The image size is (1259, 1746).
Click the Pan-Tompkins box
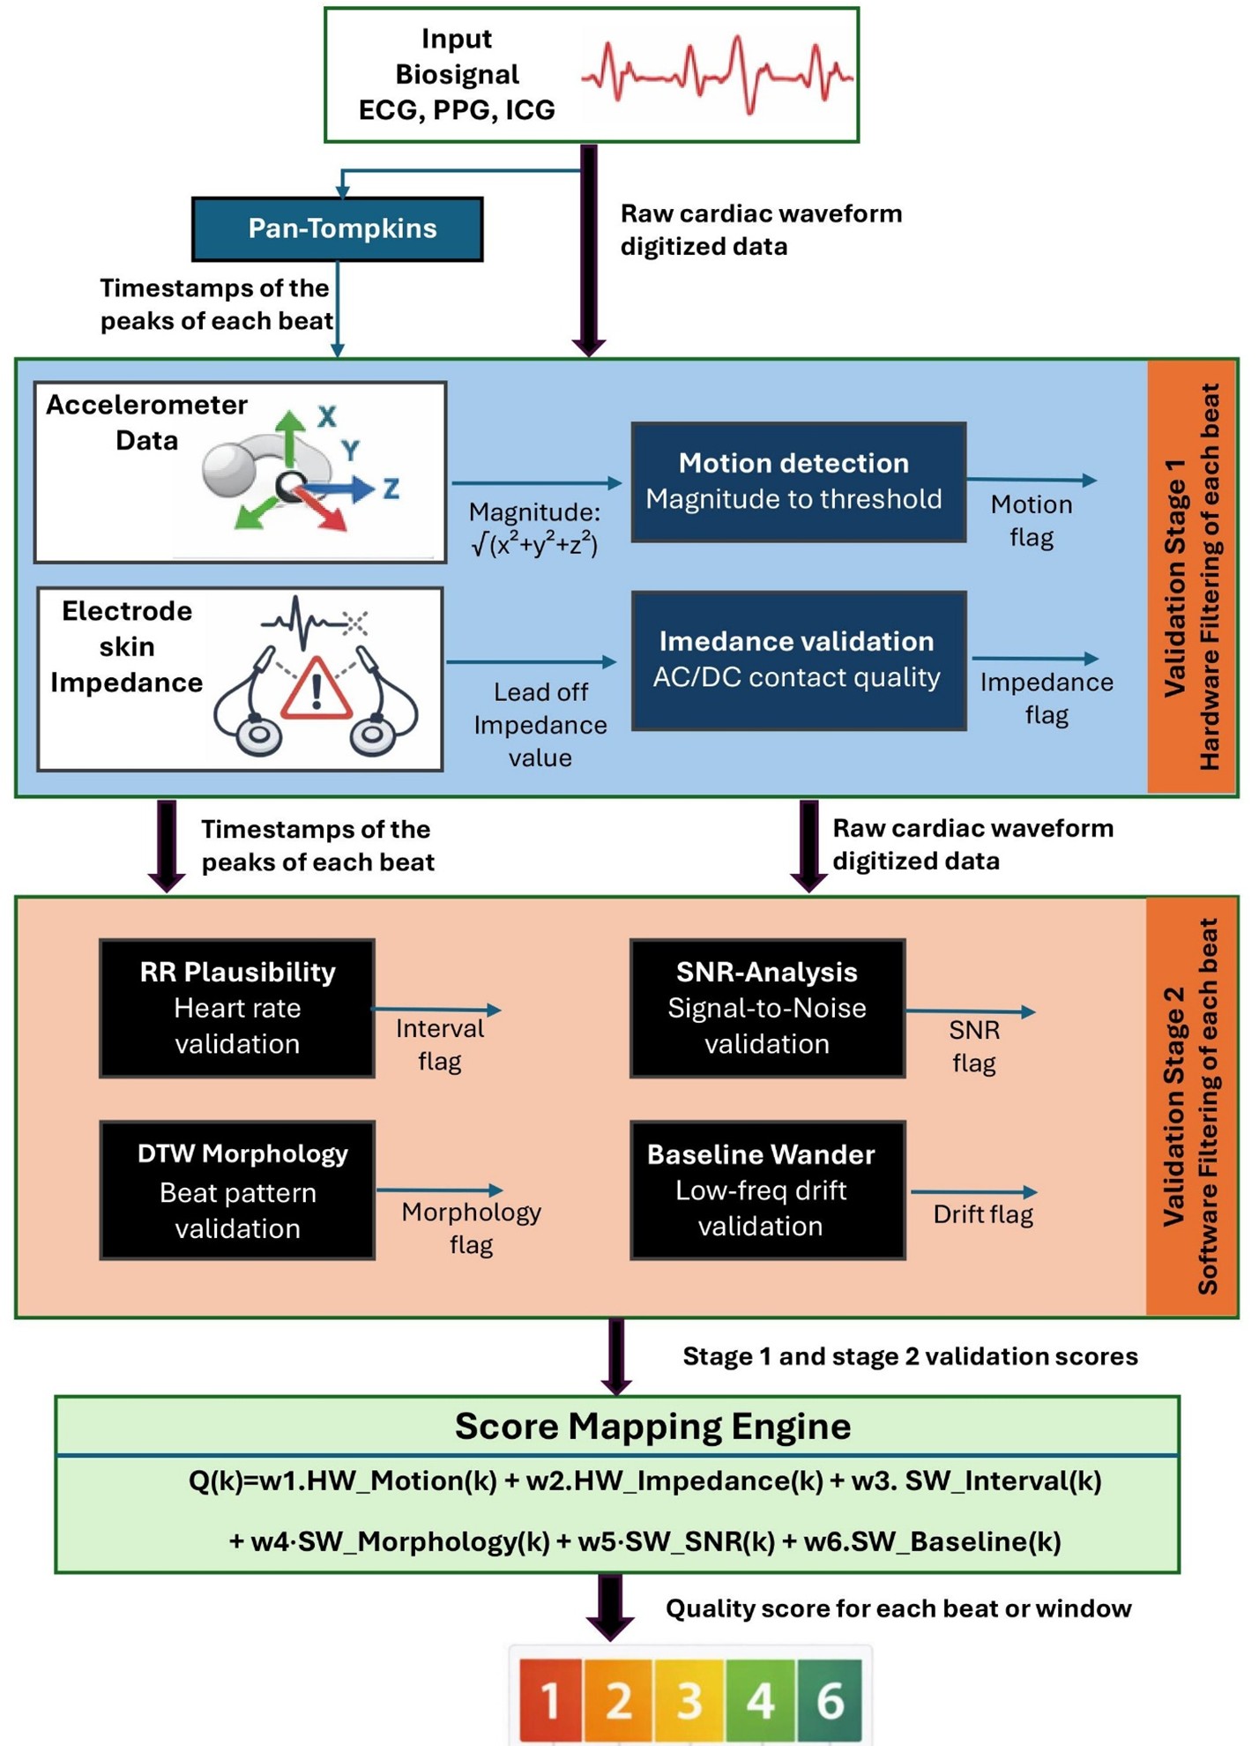coord(338,228)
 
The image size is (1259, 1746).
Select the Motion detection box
coord(798,481)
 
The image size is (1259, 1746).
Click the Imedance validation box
coord(798,660)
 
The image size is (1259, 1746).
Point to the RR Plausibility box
coord(237,1008)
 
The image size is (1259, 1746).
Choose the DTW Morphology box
coord(237,1190)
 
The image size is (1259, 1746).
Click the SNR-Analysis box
coord(767,1008)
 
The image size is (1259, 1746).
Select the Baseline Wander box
coord(767,1190)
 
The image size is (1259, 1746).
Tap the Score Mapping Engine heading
coord(652,1426)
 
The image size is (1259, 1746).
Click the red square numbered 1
coord(550,1700)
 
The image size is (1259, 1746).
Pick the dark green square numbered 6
coord(830,1700)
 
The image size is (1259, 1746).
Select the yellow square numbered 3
coord(689,1700)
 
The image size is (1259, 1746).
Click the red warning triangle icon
coord(316,690)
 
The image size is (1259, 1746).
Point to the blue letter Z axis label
coord(391,488)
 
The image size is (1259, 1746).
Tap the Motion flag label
coord(1032,520)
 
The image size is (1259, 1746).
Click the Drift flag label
coord(983,1214)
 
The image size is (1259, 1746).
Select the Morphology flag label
coord(471,1227)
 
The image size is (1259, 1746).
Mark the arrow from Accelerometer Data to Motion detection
coord(536,482)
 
